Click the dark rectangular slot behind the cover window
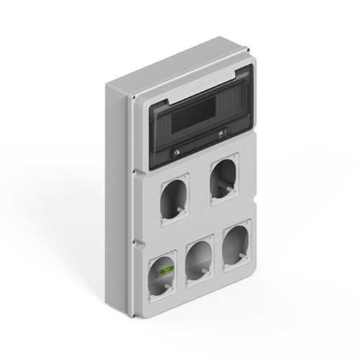[193, 113]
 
